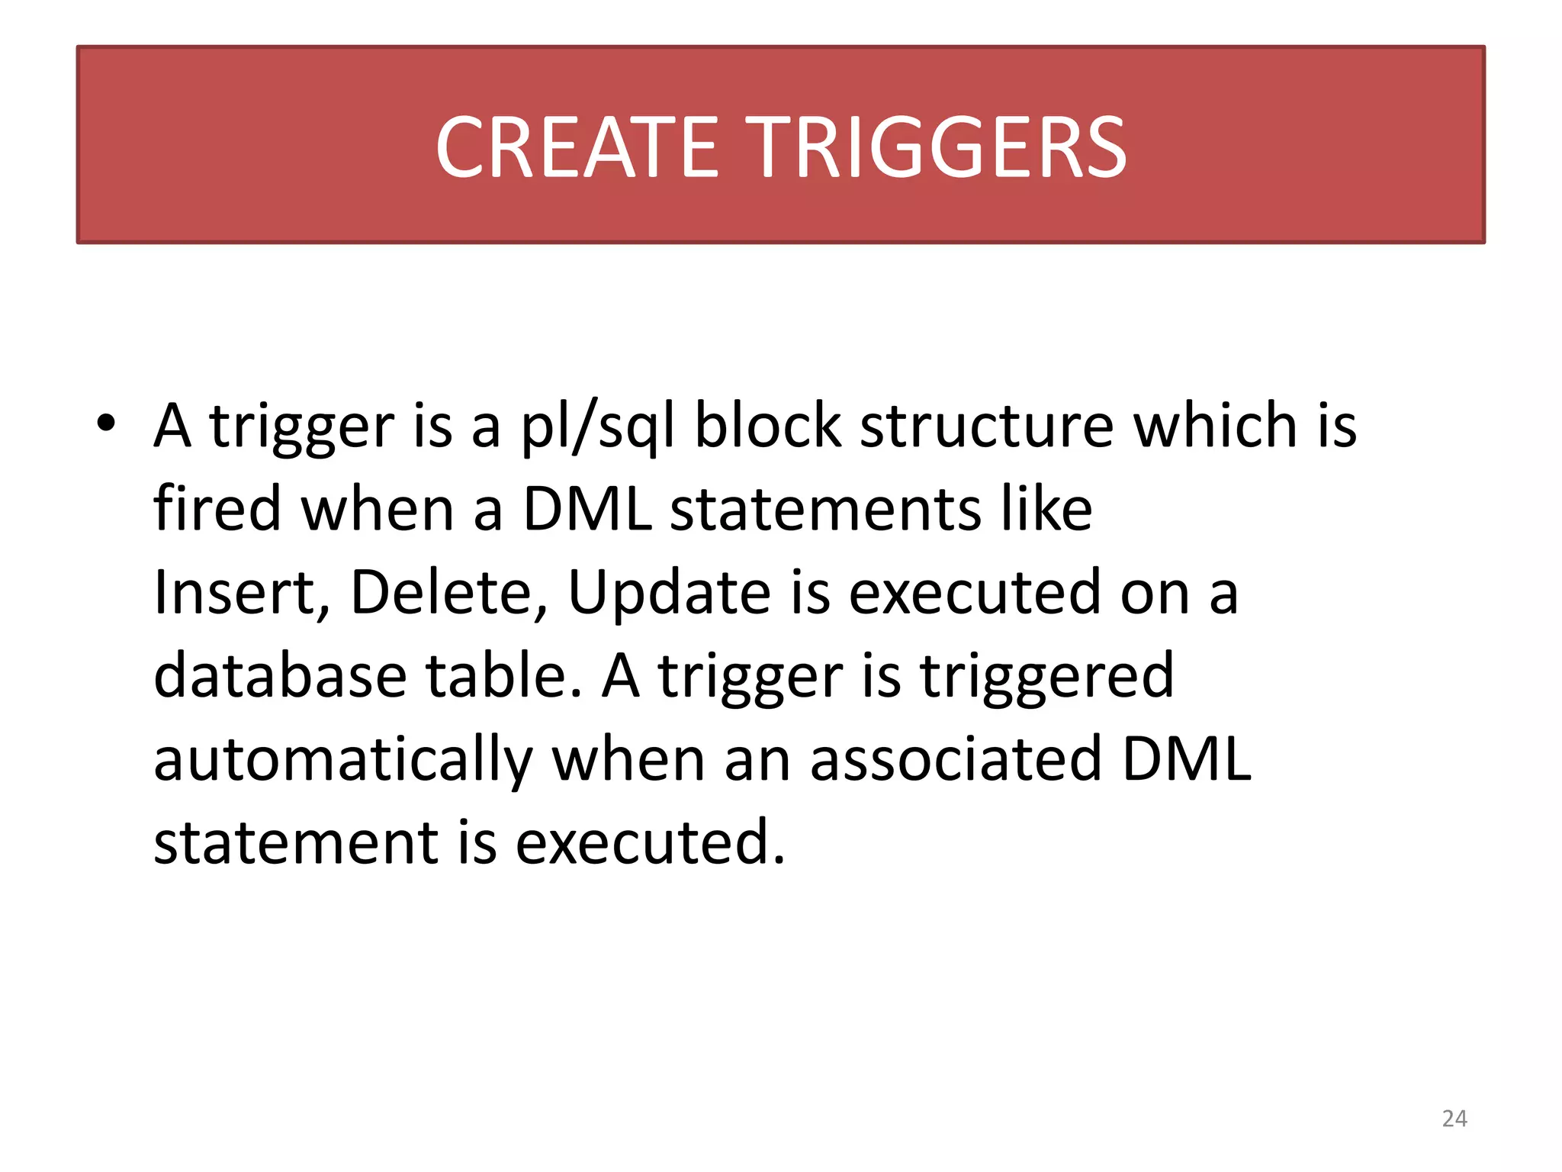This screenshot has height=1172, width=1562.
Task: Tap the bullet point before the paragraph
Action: pos(106,423)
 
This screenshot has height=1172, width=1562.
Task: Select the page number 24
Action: pos(1454,1119)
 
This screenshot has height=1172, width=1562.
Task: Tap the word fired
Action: pos(217,509)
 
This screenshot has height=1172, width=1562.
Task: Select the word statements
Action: pos(825,509)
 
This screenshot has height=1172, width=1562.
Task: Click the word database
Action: pos(280,676)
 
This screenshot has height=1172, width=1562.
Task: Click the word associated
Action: pos(956,760)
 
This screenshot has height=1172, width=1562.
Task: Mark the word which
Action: pos(1215,425)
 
